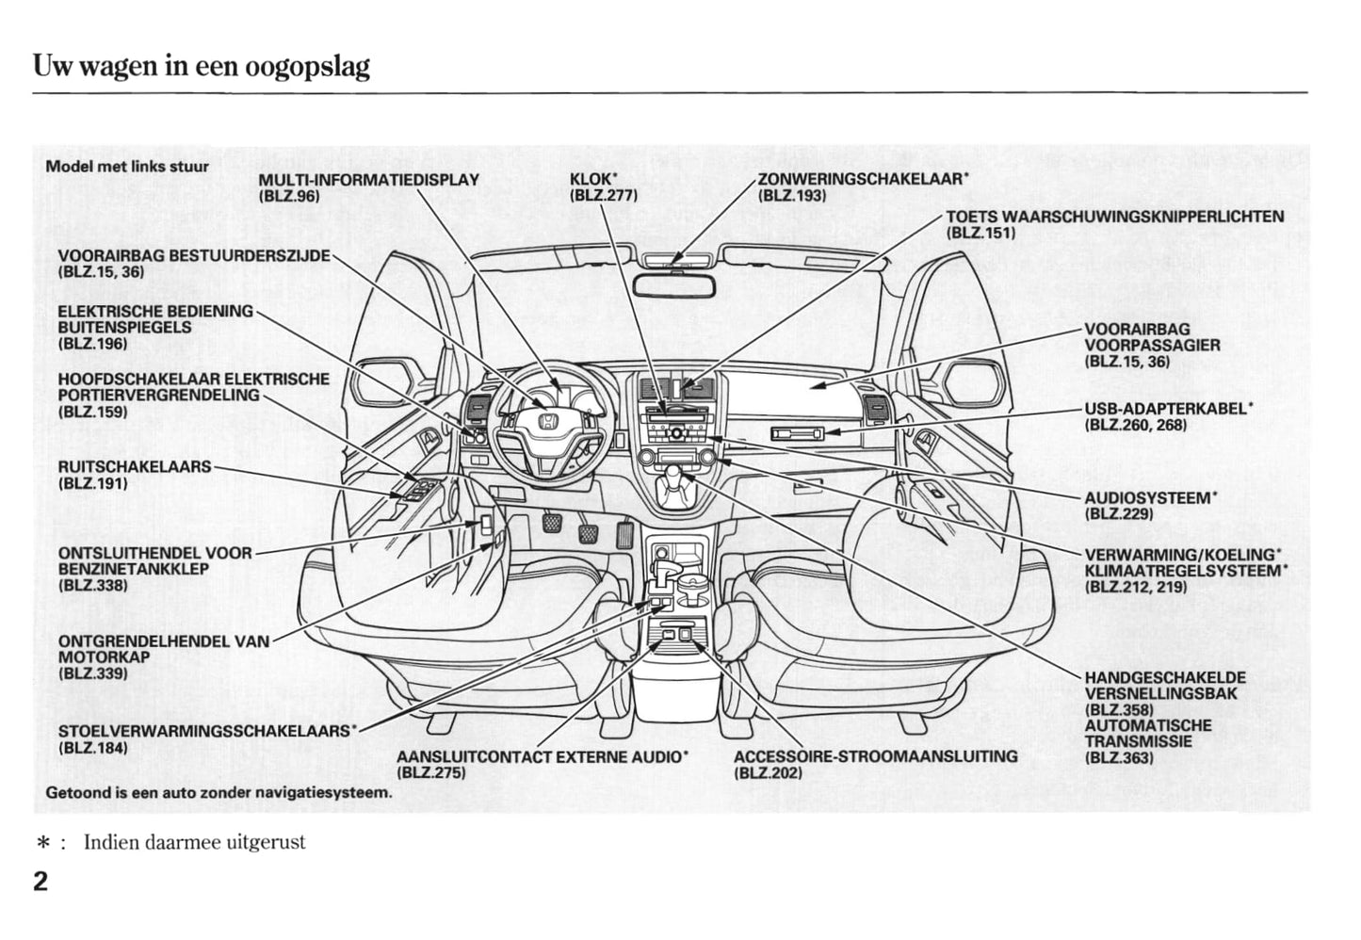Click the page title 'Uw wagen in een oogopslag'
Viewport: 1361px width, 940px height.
[202, 67]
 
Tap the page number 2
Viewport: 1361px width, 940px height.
[41, 883]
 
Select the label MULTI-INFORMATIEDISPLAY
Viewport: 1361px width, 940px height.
[368, 180]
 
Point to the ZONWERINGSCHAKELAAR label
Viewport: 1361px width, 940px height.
[863, 179]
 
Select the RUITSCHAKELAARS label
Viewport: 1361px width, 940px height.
[135, 467]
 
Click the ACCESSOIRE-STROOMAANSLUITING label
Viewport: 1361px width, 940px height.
[875, 756]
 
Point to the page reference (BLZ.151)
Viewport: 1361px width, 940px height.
[980, 233]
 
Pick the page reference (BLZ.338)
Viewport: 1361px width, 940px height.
[92, 585]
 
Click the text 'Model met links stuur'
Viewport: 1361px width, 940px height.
[127, 167]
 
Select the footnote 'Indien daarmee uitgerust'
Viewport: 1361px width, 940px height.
[194, 842]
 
